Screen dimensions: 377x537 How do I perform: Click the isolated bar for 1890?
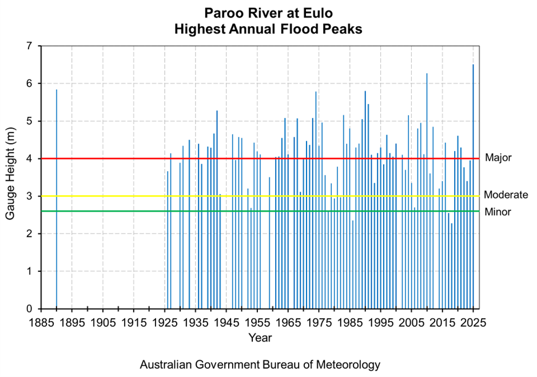pyautogui.click(x=56, y=200)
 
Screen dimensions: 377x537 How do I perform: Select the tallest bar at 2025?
pyautogui.click(x=473, y=189)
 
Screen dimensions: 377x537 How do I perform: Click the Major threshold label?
pyautogui.click(x=498, y=157)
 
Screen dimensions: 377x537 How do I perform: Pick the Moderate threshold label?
pyautogui.click(x=506, y=195)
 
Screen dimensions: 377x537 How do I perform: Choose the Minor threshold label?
pyautogui.click(x=498, y=212)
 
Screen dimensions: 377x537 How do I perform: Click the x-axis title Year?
pyautogui.click(x=260, y=338)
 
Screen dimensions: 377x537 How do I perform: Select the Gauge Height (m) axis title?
pyautogui.click(x=11, y=177)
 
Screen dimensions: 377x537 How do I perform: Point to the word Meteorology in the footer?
pyautogui.click(x=347, y=364)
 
